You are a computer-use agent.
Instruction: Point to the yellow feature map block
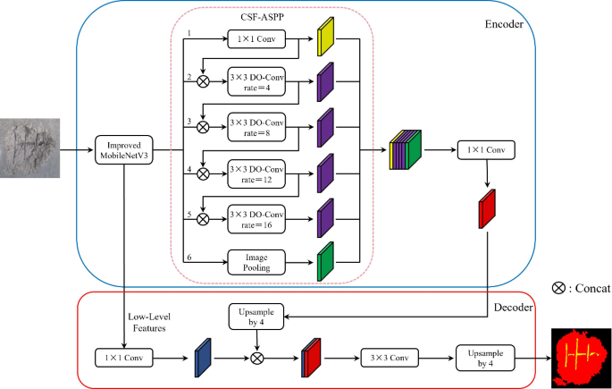(324, 40)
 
